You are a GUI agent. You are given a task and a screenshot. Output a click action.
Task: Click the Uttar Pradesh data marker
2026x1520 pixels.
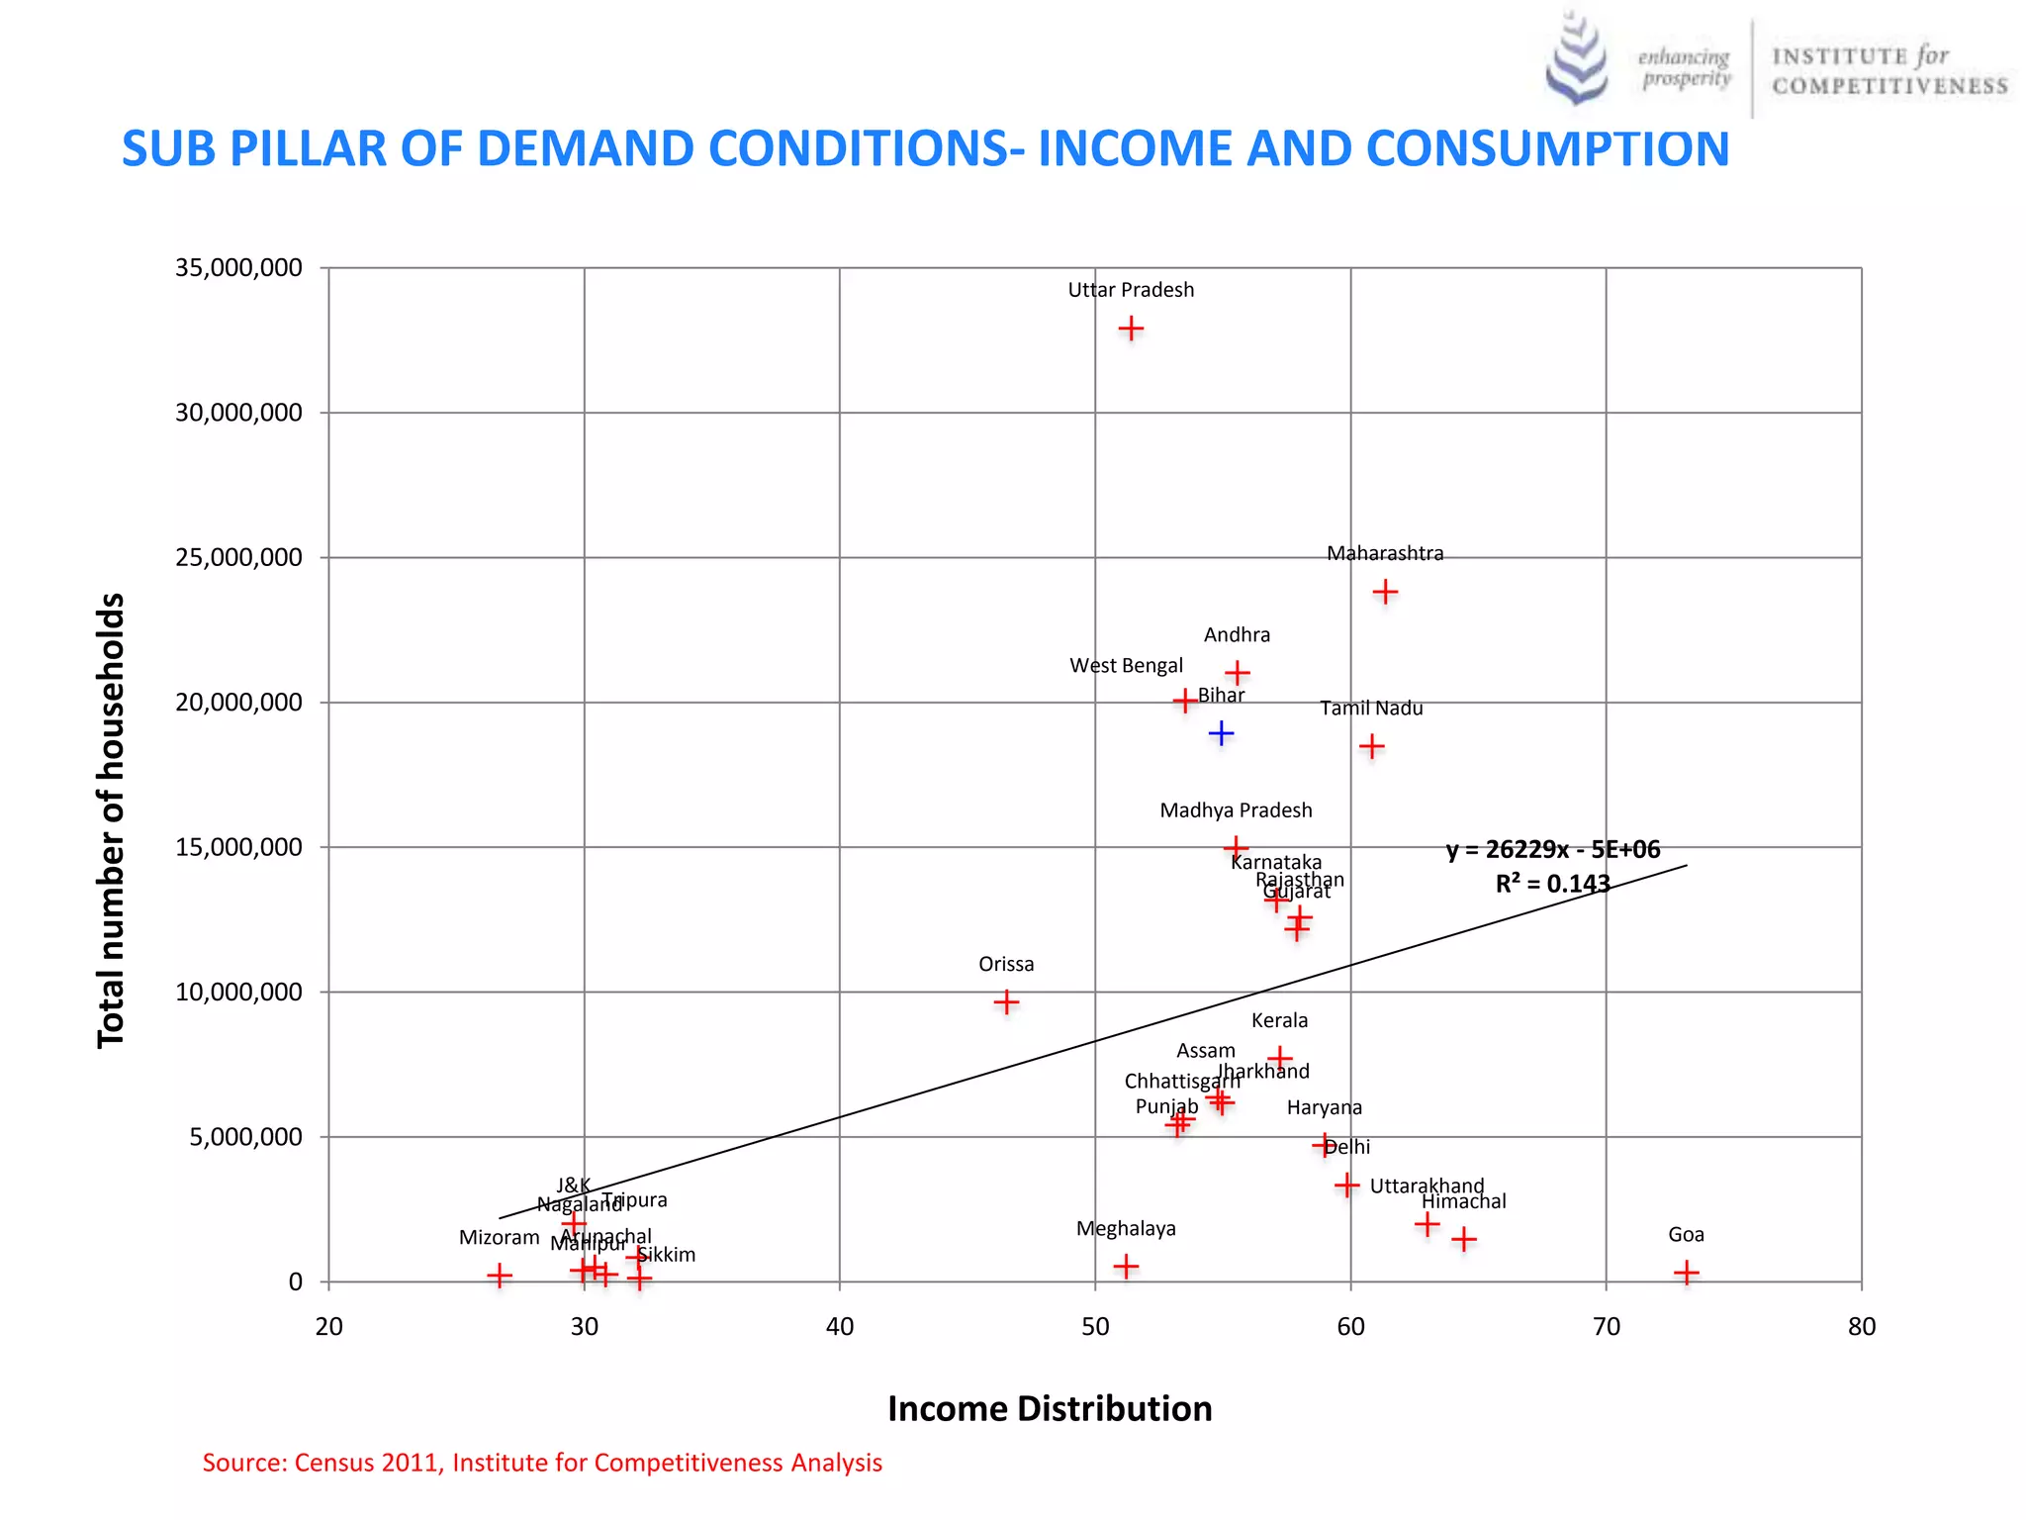(x=1131, y=329)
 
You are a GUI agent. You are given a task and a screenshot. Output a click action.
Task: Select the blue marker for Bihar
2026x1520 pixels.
(x=1222, y=733)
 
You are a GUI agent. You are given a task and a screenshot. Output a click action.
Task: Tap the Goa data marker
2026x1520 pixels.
(x=1687, y=1273)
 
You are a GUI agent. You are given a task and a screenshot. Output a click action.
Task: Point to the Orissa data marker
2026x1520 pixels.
(x=1006, y=1002)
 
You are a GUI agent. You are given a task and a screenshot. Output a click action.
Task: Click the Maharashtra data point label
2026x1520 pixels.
(x=1385, y=553)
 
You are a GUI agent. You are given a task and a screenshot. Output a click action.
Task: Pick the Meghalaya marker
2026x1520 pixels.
(x=1126, y=1266)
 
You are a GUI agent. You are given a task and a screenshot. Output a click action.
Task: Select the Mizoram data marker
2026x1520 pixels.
(x=500, y=1275)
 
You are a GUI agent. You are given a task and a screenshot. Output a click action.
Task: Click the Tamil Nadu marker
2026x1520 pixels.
(x=1371, y=746)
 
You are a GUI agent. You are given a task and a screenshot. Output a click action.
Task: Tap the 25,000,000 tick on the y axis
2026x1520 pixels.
(x=238, y=557)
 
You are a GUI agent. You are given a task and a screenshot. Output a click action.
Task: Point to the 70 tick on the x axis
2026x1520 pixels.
(x=1607, y=1326)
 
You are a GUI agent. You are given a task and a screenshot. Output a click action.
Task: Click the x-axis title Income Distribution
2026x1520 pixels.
(x=1050, y=1408)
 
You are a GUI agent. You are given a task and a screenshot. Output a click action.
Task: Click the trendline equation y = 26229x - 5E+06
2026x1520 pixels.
(x=1553, y=850)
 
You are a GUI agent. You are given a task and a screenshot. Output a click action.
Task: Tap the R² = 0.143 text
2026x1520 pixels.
(x=1552, y=884)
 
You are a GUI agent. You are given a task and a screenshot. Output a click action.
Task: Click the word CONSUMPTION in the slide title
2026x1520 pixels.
(x=1547, y=148)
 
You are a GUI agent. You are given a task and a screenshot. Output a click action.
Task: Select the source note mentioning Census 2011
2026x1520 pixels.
(x=542, y=1463)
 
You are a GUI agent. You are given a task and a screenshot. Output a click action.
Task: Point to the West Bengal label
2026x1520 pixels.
(x=1126, y=666)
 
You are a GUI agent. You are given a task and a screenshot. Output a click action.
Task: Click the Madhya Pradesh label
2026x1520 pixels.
(x=1236, y=810)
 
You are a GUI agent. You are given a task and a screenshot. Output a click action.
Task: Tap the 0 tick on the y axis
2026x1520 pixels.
(x=295, y=1282)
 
